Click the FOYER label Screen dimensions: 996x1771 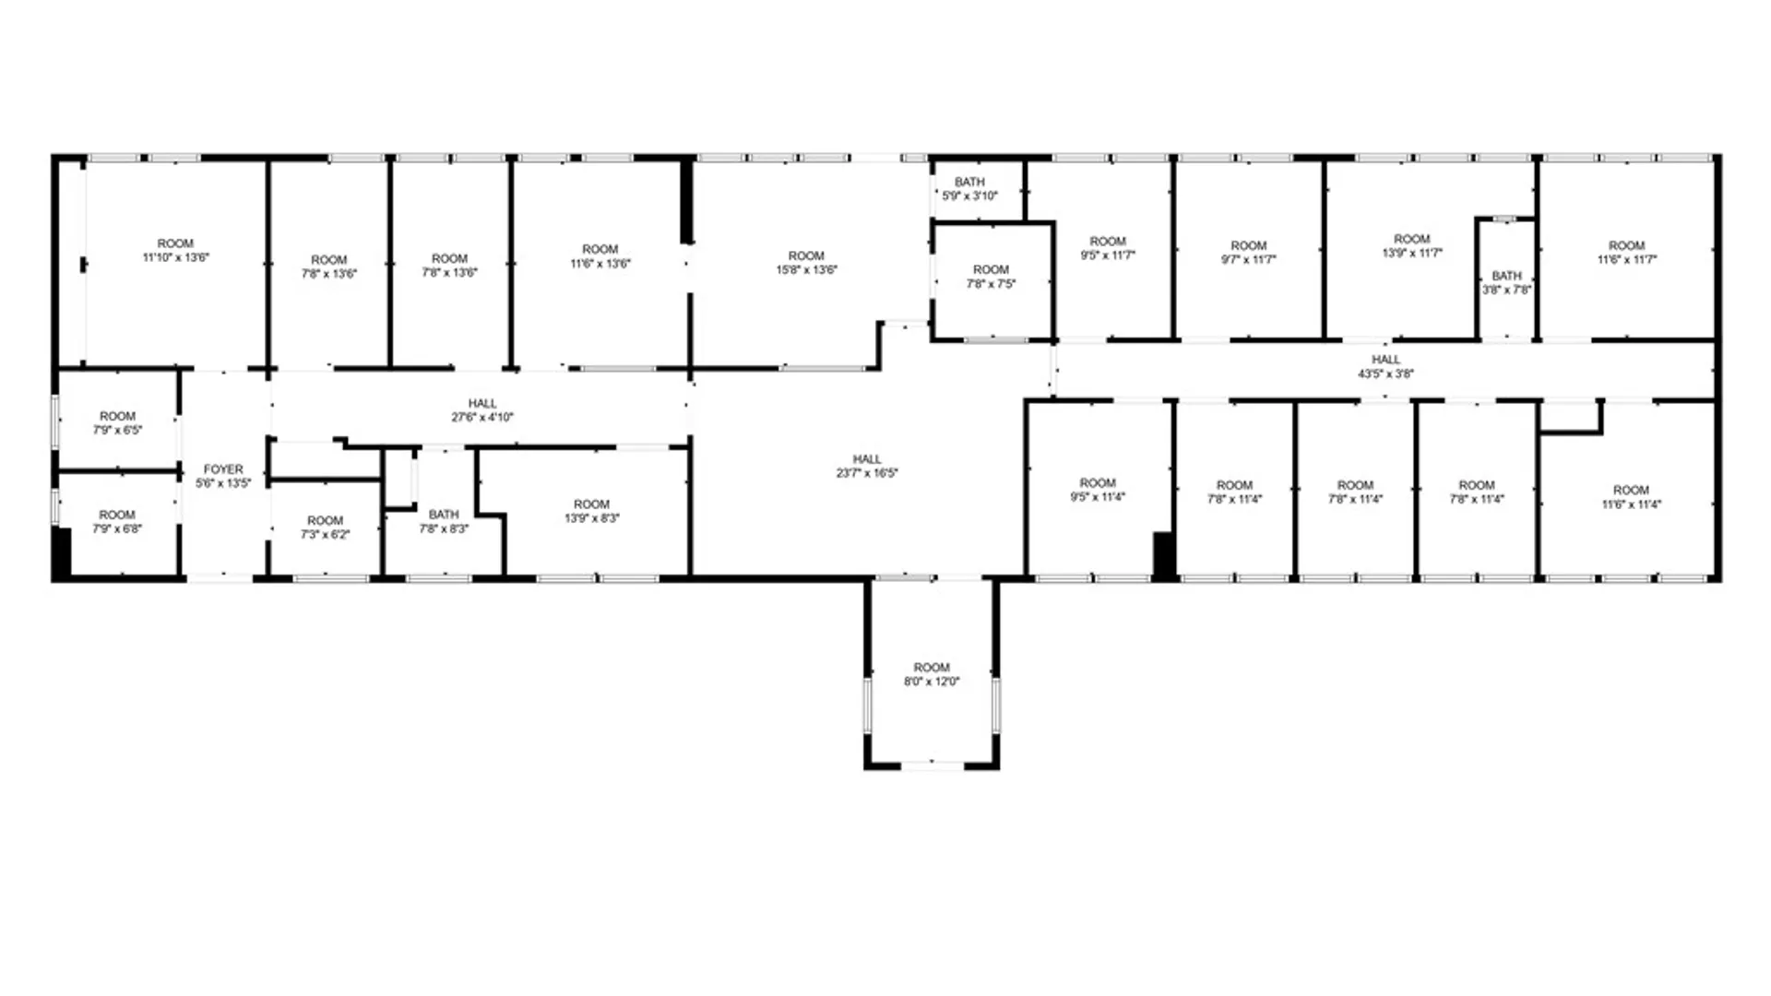pyautogui.click(x=223, y=469)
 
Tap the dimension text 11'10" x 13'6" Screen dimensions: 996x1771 pyautogui.click(x=175, y=258)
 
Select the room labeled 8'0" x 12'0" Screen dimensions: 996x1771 pyautogui.click(x=932, y=674)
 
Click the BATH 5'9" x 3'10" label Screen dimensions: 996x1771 pyautogui.click(x=969, y=189)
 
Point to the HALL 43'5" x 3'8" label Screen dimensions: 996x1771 pyautogui.click(x=1385, y=366)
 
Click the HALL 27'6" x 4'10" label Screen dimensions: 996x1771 pyautogui.click(x=482, y=410)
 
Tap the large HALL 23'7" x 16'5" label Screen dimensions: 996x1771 pyautogui.click(x=867, y=466)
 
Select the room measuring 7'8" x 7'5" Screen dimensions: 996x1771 pyautogui.click(x=991, y=277)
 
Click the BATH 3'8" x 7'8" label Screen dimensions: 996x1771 pyautogui.click(x=1506, y=282)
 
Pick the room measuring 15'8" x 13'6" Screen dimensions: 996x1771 pyautogui.click(x=806, y=263)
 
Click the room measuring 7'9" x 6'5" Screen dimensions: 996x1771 pyautogui.click(x=117, y=423)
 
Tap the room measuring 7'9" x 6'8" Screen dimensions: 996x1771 pyautogui.click(x=117, y=522)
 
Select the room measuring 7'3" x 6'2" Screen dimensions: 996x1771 pyautogui.click(x=325, y=528)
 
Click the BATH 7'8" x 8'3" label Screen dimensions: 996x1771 pyautogui.click(x=444, y=521)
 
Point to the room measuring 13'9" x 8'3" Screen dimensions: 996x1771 pyautogui.click(x=591, y=511)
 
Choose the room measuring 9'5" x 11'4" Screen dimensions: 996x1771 pyautogui.click(x=1098, y=490)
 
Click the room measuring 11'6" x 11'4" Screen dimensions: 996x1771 pyautogui.click(x=1630, y=497)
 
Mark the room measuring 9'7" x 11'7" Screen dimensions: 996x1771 pyautogui.click(x=1248, y=253)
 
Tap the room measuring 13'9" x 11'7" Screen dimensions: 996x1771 pyautogui.click(x=1411, y=245)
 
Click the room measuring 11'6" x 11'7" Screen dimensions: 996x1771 pyautogui.click(x=1626, y=253)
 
